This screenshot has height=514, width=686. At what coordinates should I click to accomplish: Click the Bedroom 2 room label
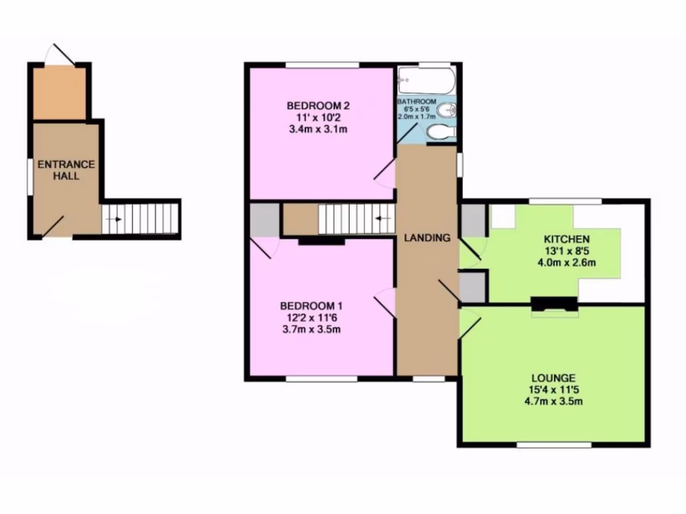(319, 106)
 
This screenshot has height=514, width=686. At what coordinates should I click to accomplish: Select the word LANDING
(427, 238)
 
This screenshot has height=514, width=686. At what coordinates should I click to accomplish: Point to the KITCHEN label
(566, 239)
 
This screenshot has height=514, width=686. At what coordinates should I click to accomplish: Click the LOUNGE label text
(554, 378)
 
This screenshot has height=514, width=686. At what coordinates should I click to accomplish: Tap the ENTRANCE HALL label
(66, 170)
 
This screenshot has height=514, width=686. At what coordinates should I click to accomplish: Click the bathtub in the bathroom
(426, 82)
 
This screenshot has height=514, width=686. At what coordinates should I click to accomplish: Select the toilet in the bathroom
(439, 132)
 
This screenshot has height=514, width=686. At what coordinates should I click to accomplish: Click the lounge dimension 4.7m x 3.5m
(554, 402)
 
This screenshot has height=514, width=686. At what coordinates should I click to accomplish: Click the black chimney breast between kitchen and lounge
(553, 303)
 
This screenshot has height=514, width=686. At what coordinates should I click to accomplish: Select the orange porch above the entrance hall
(59, 93)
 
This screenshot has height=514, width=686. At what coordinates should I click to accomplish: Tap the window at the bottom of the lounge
(554, 444)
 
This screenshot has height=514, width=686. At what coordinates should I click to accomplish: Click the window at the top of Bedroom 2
(322, 65)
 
